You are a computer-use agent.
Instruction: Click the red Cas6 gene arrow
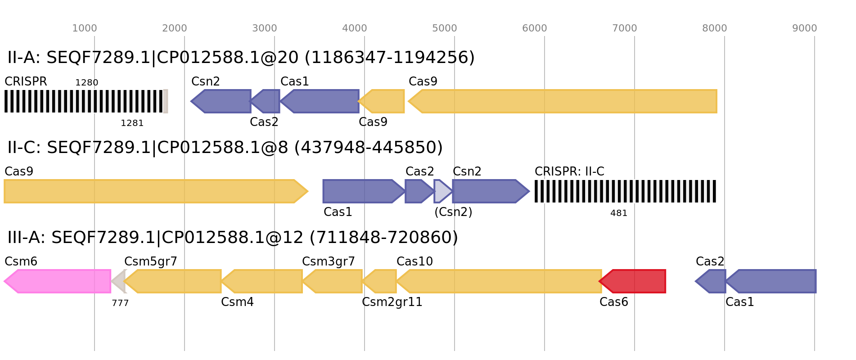632,281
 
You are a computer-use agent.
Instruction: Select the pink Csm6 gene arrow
58,281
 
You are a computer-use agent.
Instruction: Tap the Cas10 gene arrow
499,281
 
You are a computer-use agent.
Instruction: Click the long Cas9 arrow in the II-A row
563,101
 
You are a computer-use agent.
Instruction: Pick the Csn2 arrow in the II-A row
221,101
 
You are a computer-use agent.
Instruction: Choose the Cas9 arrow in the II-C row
156,191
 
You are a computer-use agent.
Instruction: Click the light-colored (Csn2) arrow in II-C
443,191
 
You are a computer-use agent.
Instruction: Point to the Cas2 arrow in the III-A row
711,281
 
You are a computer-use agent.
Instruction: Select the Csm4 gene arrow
261,281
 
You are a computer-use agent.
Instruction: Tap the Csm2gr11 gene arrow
379,281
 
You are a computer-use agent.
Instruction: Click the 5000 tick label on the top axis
445,28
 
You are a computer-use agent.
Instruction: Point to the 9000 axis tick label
805,28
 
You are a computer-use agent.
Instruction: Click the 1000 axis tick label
85,28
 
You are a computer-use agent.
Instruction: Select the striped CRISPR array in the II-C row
625,191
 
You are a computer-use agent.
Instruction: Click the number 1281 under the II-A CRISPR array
132,123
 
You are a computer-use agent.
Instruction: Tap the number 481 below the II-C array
619,213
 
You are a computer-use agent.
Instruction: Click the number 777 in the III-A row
120,303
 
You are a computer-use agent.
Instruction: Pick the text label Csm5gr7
151,261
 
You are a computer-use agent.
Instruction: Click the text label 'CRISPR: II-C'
569,171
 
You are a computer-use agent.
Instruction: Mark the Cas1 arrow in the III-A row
771,281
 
